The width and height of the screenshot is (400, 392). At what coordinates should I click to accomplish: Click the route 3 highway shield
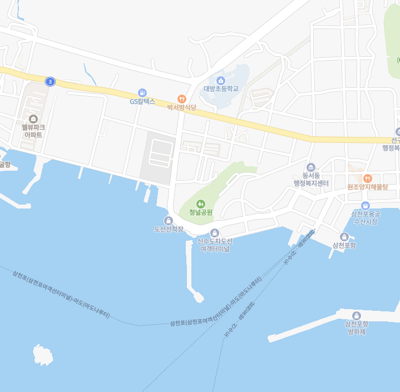click(51, 82)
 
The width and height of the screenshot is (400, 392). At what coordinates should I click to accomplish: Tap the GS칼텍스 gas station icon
click(142, 92)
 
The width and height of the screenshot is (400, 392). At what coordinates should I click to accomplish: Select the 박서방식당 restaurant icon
click(181, 98)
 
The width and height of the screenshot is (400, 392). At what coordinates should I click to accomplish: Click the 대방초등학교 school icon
click(220, 80)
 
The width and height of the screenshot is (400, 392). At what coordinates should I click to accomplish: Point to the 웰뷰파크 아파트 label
click(33, 131)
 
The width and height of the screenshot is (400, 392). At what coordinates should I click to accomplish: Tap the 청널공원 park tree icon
click(201, 204)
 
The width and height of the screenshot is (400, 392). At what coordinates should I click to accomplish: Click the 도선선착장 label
click(169, 229)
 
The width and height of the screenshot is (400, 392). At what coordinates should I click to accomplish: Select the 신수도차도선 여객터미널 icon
click(215, 232)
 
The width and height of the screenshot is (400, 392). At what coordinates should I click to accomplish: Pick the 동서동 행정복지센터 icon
click(311, 167)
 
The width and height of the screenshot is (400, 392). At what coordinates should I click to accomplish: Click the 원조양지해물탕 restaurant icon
click(367, 178)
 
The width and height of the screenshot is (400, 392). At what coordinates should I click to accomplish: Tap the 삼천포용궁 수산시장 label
click(365, 217)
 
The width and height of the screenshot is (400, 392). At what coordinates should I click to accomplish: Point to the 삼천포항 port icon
click(345, 236)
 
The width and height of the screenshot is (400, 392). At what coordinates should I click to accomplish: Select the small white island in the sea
click(42, 354)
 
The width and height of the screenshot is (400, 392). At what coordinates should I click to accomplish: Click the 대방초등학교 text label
click(221, 88)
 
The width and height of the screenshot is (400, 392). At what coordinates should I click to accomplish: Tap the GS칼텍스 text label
click(142, 102)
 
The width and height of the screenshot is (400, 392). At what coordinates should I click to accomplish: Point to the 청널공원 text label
click(201, 212)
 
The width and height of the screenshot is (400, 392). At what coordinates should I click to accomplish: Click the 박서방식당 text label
click(181, 107)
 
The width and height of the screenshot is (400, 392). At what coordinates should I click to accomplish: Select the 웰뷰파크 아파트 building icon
click(33, 118)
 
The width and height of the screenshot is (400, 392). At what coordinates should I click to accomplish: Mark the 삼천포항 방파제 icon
click(357, 315)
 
